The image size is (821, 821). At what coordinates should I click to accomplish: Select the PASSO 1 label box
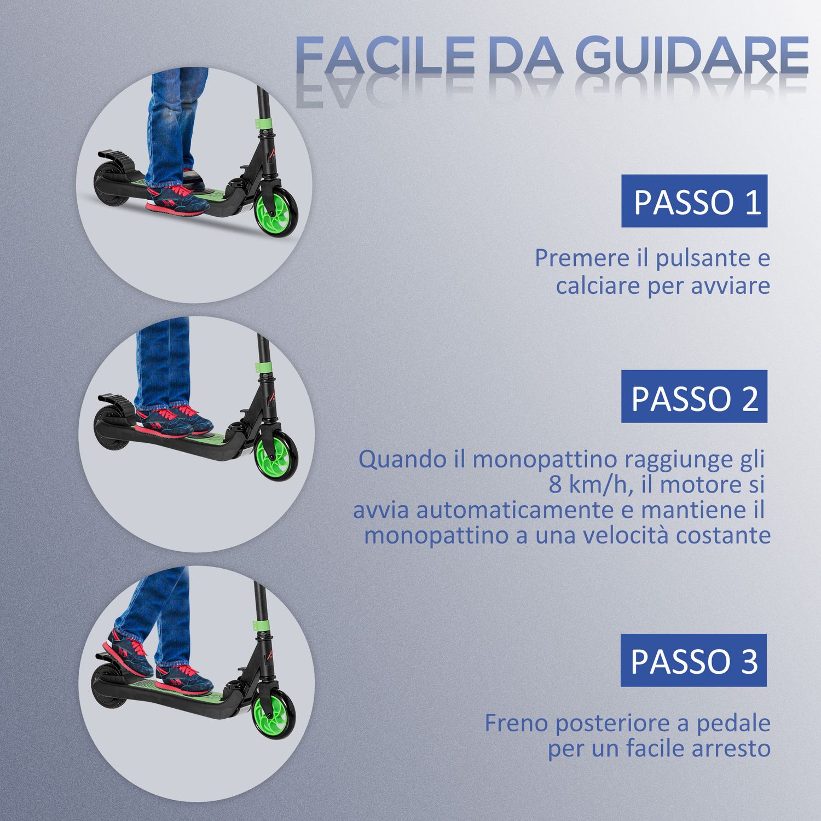click(x=694, y=201)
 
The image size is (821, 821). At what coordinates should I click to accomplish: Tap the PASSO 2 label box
click(x=694, y=396)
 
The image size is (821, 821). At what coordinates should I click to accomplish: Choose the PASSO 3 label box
click(x=693, y=660)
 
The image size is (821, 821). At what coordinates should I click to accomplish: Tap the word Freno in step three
click(x=516, y=723)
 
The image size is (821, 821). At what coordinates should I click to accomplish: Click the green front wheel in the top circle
click(x=278, y=218)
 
